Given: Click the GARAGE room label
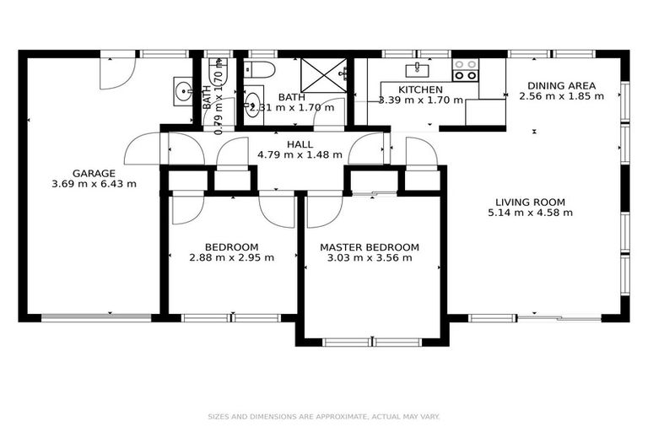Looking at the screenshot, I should click(x=93, y=173).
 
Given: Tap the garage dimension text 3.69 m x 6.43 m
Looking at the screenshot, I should click(x=93, y=183).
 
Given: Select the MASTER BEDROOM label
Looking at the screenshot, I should click(x=369, y=247).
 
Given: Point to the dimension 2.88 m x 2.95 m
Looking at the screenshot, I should click(x=231, y=257).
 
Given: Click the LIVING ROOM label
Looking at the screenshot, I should click(x=530, y=202).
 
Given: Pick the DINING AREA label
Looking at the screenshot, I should click(x=561, y=85).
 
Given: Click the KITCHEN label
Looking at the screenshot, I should click(x=420, y=89).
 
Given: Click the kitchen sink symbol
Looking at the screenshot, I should click(x=418, y=69).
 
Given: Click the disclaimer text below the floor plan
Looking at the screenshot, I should click(x=324, y=416).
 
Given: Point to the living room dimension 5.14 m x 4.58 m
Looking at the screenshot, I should click(x=530, y=213).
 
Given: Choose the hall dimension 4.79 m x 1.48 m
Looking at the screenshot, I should click(x=301, y=154).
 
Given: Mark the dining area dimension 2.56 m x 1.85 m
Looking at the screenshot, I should click(x=561, y=95).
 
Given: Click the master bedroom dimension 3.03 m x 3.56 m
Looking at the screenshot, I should click(x=369, y=257).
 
